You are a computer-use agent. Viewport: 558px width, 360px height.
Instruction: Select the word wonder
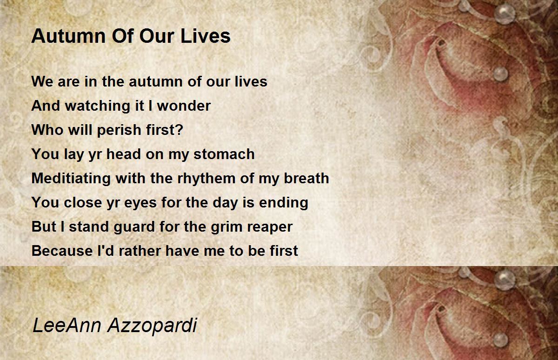184,106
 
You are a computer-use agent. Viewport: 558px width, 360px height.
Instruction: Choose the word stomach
224,154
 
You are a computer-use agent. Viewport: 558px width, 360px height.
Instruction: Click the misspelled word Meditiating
71,179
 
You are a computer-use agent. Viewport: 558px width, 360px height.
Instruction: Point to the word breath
306,178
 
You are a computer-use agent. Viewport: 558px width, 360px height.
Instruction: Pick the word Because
62,251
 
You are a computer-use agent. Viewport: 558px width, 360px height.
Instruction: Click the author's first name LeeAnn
67,325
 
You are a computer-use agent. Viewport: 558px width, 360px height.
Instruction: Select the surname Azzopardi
153,326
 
